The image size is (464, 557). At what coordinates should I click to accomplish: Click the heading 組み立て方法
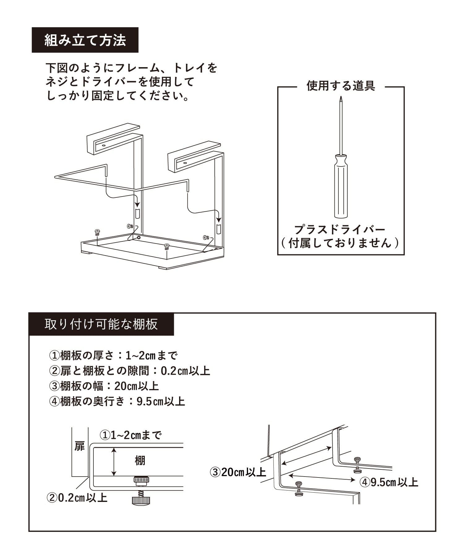pos(85,40)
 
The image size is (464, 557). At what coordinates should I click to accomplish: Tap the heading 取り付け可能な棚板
pos(101,324)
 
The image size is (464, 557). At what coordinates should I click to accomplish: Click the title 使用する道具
pos(341,86)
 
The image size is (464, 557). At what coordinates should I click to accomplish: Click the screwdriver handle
pos(340,186)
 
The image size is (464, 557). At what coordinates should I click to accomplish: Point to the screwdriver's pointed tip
pos(341,97)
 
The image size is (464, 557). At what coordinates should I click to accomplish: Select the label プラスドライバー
pos(340,230)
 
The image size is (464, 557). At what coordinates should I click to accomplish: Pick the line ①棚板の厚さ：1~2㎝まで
pos(113,356)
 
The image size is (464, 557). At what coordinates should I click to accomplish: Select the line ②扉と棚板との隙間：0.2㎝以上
pos(130,371)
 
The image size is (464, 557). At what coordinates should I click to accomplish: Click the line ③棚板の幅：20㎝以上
pos(104,386)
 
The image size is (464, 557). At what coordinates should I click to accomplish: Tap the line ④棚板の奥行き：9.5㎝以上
pos(117,401)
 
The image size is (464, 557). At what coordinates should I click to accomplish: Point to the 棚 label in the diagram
pos(140,461)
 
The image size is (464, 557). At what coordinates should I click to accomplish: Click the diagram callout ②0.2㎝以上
pos(77,498)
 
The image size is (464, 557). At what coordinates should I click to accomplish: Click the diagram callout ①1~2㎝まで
pos(131,435)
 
